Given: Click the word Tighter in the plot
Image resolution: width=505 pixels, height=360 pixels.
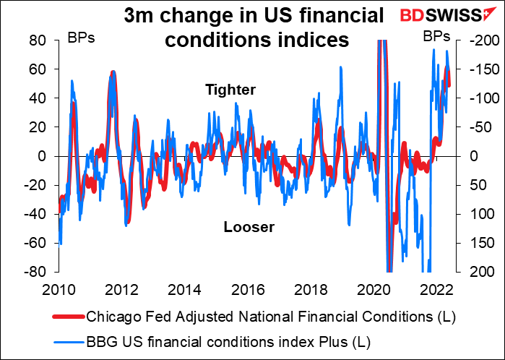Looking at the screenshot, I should coord(230,90).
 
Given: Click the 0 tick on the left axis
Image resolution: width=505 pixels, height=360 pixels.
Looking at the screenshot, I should coord(43,155).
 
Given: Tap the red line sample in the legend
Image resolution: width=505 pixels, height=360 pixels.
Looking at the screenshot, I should coord(67,317).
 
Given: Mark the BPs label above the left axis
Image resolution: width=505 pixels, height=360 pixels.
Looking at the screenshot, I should coord(80,35).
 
